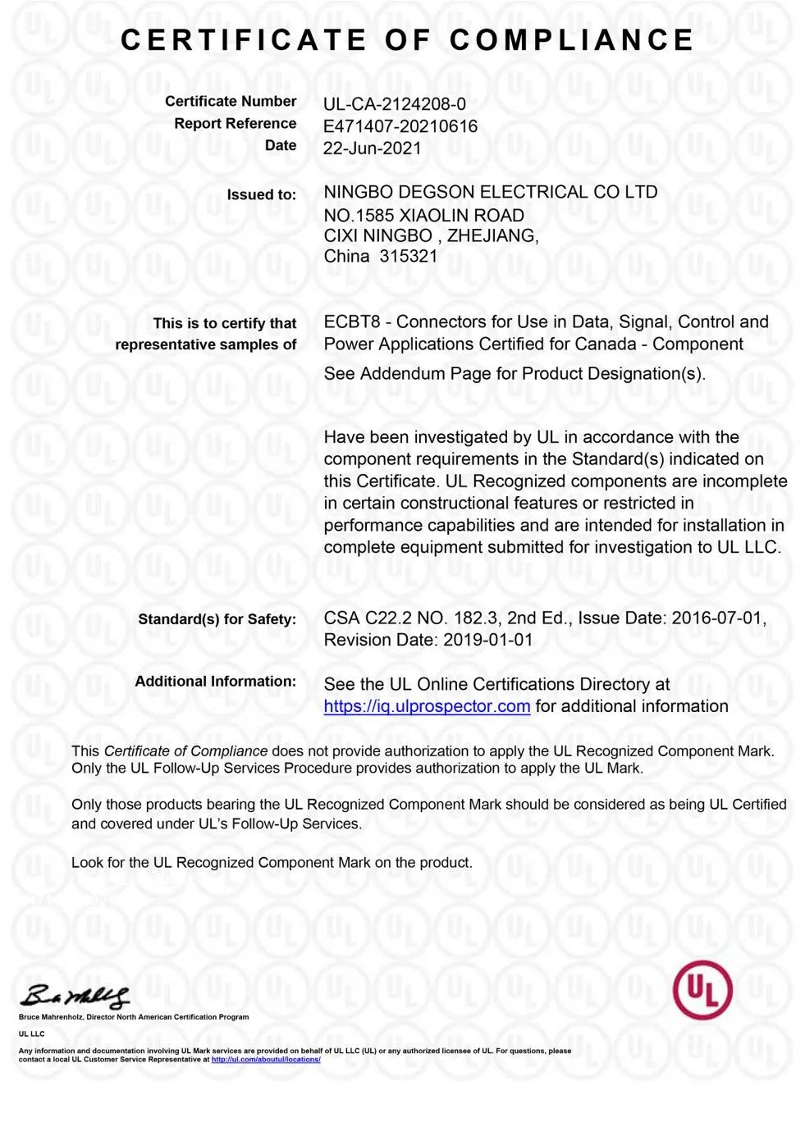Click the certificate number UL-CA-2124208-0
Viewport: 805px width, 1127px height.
(394, 104)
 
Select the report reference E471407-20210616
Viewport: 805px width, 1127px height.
(400, 126)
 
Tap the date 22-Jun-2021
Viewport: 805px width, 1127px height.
(372, 148)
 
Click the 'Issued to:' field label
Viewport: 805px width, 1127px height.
(261, 195)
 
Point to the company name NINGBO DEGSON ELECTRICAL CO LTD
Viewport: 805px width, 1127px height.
(490, 193)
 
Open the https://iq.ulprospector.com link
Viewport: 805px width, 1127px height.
(427, 707)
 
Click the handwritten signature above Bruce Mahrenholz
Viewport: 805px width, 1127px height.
(75, 996)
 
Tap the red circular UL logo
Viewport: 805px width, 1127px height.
(702, 990)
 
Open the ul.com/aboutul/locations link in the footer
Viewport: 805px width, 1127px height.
(266, 1060)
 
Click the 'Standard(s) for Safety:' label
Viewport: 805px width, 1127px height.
(217, 619)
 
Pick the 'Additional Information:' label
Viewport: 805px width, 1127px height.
(215, 682)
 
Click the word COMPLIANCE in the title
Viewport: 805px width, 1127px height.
(571, 40)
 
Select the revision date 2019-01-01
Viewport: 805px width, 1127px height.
(487, 641)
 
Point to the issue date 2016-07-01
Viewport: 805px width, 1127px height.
(716, 618)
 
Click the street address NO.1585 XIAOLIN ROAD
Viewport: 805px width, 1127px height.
(423, 216)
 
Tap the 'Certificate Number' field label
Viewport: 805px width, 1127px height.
(231, 102)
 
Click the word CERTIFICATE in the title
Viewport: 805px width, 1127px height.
(244, 40)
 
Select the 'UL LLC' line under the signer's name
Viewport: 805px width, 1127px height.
(32, 1033)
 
